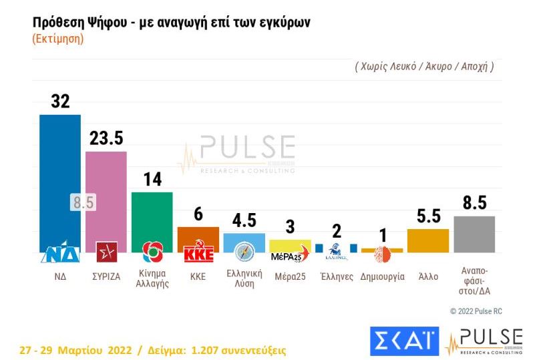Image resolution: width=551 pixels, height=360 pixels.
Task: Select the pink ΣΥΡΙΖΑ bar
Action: [106, 194]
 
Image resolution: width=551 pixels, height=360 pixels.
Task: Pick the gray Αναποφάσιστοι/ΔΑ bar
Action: [474, 234]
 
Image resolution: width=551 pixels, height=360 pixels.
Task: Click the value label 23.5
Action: [106, 138]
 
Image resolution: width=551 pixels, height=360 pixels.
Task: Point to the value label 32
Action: [60, 101]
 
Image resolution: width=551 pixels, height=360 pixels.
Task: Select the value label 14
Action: [152, 179]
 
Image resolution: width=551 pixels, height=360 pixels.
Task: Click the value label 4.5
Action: [244, 220]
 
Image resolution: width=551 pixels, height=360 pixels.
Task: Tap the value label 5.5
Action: [427, 216]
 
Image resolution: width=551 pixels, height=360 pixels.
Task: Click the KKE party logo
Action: [198, 254]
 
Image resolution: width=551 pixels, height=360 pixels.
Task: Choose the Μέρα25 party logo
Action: [290, 256]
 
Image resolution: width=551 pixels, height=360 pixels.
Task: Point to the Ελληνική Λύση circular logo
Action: [244, 252]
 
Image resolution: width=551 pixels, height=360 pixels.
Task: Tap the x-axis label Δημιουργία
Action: [382, 277]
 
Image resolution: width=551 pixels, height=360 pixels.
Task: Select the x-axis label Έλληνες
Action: [337, 277]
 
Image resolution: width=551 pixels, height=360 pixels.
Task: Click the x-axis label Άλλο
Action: [427, 277]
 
